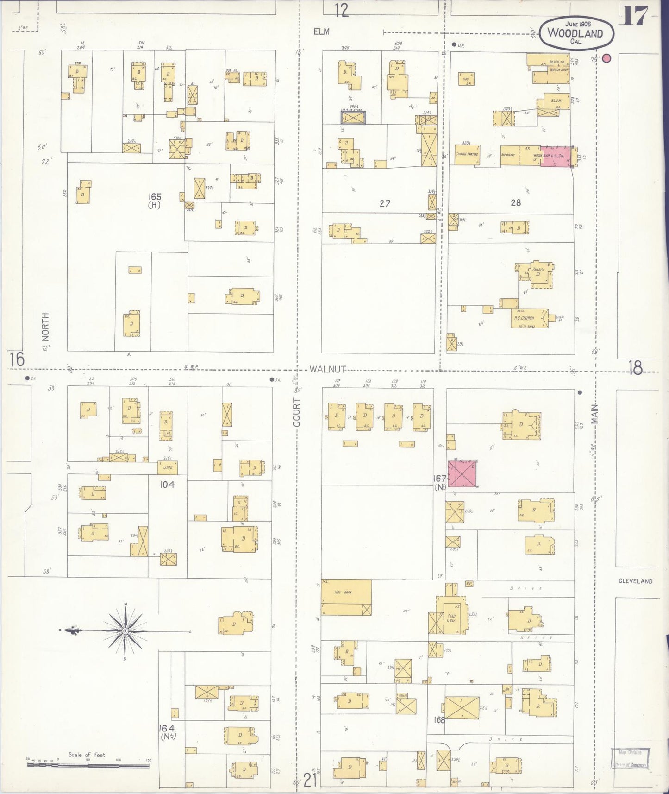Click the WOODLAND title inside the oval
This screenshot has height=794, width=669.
[x=575, y=33]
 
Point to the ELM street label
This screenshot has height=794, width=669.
[x=321, y=31]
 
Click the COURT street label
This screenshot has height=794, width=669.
[x=297, y=412]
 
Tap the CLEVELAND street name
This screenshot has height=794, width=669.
[x=635, y=581]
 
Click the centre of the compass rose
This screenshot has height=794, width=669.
[x=125, y=631]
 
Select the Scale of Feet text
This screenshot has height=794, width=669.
[x=87, y=755]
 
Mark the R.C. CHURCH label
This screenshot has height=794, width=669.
[x=524, y=318]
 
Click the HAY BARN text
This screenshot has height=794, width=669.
[x=344, y=592]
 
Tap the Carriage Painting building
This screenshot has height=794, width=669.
[x=467, y=155]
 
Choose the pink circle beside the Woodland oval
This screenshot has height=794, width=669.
[x=607, y=58]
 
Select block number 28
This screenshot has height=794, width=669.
[x=515, y=202]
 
